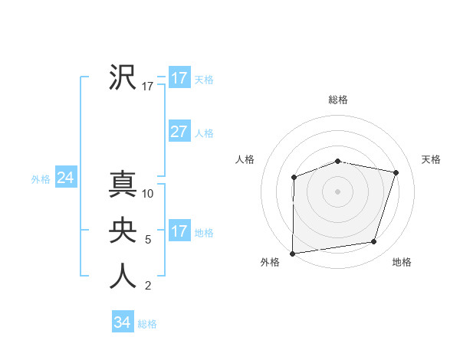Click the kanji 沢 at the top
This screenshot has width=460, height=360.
pos(123,77)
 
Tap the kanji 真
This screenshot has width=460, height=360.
pos(123,184)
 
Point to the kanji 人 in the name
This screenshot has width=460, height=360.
pos(123,276)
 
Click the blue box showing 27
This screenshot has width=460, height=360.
pos(179,132)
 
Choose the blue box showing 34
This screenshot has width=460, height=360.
pos(122,322)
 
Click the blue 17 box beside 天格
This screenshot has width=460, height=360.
pos(179,78)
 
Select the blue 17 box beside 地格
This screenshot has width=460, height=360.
pos(179,231)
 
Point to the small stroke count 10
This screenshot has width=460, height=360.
pos(149,194)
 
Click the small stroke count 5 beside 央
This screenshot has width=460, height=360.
pos(148,240)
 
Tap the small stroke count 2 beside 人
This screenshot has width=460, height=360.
pos(148,286)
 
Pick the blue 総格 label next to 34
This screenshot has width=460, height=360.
pos(147,324)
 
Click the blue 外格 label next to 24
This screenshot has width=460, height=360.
pos(41,179)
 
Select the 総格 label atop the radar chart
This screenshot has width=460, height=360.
pos(338,100)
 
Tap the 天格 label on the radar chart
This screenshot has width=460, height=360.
pos(431,159)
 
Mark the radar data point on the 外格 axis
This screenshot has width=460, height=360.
pos(293,253)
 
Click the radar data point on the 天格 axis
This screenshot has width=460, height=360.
pos(396,172)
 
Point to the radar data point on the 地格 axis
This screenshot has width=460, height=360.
pos(374,242)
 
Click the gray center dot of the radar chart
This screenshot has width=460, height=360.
pos(337,191)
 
